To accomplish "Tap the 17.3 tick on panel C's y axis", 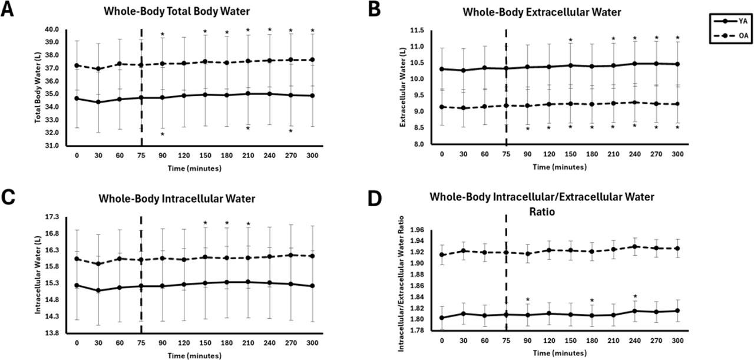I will coord(52,217).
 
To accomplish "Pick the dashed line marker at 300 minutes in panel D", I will coord(677,248).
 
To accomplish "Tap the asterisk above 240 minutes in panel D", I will coord(635,296).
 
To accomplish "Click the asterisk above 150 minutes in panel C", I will coord(206,223).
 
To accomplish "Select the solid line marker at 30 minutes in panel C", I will coord(98,290).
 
